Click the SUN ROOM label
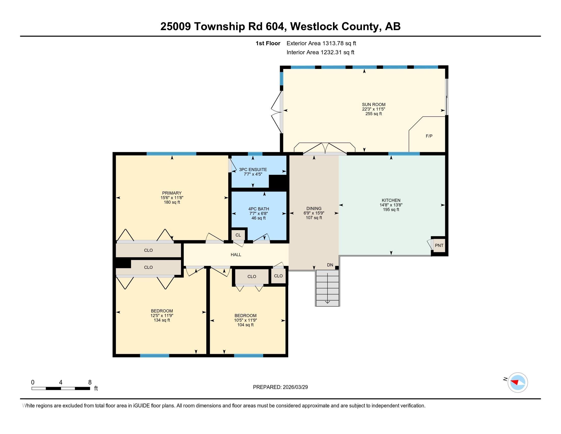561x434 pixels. point(374,104)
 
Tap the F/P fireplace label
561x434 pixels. point(429,136)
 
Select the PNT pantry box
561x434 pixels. point(439,246)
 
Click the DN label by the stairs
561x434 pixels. point(330,265)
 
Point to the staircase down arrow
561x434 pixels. point(327,288)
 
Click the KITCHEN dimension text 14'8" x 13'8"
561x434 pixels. point(391,205)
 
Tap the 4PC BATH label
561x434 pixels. point(259,209)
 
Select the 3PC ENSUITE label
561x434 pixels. point(253,170)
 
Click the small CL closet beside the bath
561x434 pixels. point(238,235)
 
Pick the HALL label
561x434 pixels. point(236,255)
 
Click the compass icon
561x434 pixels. point(518,382)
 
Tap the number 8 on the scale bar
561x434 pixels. point(90,382)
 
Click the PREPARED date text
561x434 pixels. point(280,387)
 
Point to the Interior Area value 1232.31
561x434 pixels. point(331,52)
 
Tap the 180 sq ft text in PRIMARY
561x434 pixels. point(172,202)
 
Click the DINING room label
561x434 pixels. point(314,208)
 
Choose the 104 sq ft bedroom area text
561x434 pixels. point(245,325)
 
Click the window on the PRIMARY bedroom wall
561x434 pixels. point(171,154)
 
